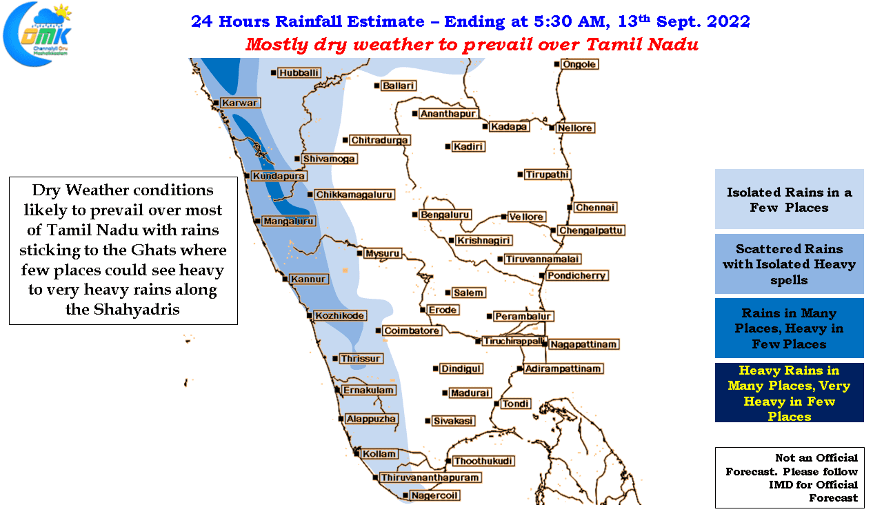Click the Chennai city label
pyautogui.click(x=595, y=208)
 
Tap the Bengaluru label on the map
pyautogui.click(x=445, y=215)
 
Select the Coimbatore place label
pyautogui.click(x=412, y=330)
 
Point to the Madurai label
pyautogui.click(x=470, y=393)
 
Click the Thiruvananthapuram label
pyautogui.click(x=430, y=477)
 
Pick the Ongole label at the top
pyautogui.click(x=579, y=64)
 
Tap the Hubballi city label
pyautogui.click(x=299, y=73)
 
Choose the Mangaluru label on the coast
pyautogui.click(x=288, y=221)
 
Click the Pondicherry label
pyautogui.click(x=576, y=276)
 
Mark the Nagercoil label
pyautogui.click(x=434, y=495)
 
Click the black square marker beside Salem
pyautogui.click(x=448, y=293)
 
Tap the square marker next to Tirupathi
pyautogui.click(x=520, y=175)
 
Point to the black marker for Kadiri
pyautogui.click(x=448, y=147)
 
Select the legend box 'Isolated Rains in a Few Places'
pyautogui.click(x=789, y=199)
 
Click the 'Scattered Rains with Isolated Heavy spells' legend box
pyautogui.click(x=789, y=264)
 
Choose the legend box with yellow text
pyautogui.click(x=789, y=393)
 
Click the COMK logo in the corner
pyautogui.click(x=38, y=34)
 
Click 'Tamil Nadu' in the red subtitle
pyautogui.click(x=641, y=44)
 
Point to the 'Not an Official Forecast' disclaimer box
pyautogui.click(x=790, y=477)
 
